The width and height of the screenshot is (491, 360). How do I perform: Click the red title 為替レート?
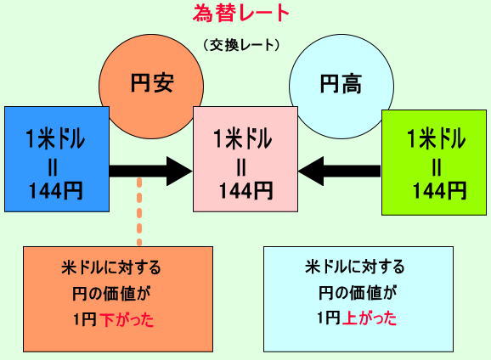coord(240,14)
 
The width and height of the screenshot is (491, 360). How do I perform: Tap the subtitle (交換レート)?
coord(241,45)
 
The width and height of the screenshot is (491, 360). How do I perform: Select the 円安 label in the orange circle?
coord(152,82)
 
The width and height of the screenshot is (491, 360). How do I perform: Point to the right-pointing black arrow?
coord(150,172)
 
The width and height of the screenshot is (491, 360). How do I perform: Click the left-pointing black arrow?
coord(340,172)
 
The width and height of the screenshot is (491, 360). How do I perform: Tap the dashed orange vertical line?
coord(139,212)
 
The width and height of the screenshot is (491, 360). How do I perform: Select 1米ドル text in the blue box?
coord(55,139)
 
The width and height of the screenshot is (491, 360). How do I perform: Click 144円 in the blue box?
coord(56,191)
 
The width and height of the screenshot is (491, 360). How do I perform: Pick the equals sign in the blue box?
coord(53,167)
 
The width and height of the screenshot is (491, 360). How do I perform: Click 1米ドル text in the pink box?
coord(242,139)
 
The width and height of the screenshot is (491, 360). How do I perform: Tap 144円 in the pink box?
coord(245,191)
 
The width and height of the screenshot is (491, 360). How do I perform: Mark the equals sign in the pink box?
coord(241,167)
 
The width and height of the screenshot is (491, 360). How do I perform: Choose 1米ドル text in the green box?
coord(436,139)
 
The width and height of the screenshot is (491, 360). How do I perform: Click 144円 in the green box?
coord(440,191)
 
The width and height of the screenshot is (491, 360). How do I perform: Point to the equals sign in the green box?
coord(437,167)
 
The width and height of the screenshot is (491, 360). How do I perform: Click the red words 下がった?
coord(127,320)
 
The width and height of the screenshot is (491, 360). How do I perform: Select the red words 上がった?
coord(370,318)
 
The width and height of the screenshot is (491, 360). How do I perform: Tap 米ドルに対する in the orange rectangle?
coord(111,268)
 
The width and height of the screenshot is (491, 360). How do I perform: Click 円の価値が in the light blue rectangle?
coord(358,293)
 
